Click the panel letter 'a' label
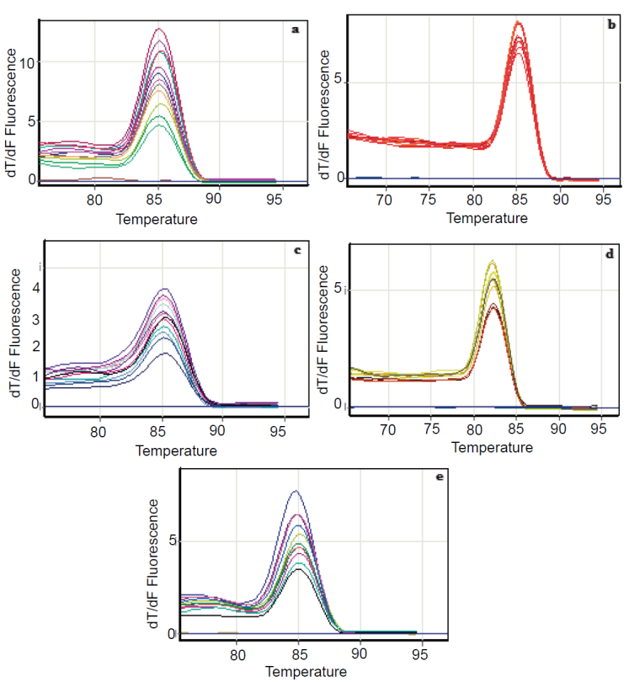click(296, 29)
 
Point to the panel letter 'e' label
click(440, 477)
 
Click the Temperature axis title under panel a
click(157, 220)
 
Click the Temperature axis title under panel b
click(487, 218)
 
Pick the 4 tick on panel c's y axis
click(37, 287)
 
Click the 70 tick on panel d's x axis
click(387, 429)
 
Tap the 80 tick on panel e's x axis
click(238, 653)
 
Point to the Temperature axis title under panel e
click(306, 672)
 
